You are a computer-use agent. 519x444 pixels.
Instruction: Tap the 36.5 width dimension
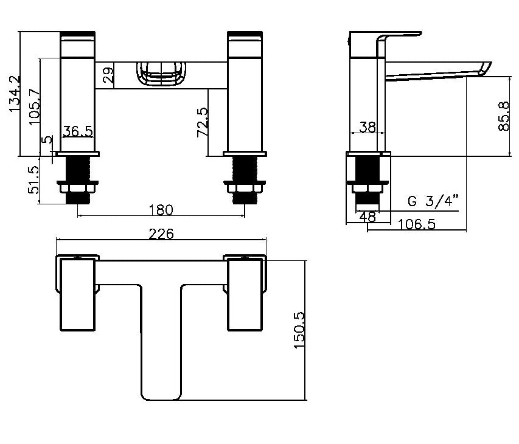click(x=77, y=130)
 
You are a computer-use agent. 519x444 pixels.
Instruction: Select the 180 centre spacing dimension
click(x=161, y=210)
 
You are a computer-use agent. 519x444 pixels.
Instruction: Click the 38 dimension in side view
click(x=367, y=127)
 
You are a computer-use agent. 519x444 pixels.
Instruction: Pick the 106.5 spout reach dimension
click(x=417, y=224)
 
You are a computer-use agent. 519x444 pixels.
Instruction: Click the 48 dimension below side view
click(x=368, y=215)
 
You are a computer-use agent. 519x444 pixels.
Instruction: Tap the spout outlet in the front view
click(x=161, y=76)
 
